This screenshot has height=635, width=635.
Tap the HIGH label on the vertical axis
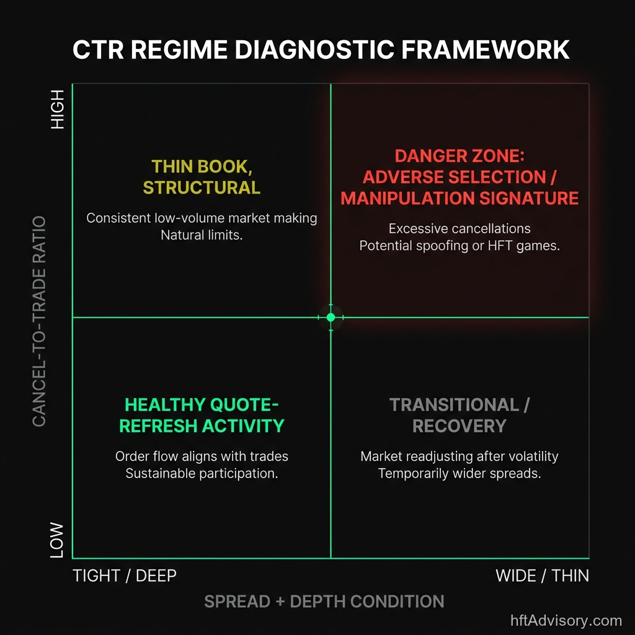(x=57, y=109)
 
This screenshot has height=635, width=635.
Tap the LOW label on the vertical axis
(x=57, y=540)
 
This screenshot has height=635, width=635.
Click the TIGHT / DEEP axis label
(x=125, y=575)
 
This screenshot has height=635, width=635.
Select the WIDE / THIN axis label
(x=542, y=575)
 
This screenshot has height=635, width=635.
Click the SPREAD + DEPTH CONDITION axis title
(x=324, y=602)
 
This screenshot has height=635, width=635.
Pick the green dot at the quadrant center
(x=331, y=317)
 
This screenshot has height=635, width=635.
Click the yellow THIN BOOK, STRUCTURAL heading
(x=202, y=177)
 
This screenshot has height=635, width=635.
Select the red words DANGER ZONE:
(x=460, y=156)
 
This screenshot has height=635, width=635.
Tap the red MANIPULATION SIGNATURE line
(x=460, y=198)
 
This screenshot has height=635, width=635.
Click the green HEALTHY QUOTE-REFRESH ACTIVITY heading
(x=202, y=415)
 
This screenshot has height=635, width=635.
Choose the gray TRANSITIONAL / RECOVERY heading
(x=460, y=415)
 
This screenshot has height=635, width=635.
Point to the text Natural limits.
(x=202, y=236)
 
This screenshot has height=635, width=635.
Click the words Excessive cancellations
(x=460, y=229)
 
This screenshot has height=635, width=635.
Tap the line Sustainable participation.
(x=202, y=474)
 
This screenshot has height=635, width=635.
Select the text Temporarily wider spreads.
(x=460, y=474)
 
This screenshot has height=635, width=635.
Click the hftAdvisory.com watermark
(x=566, y=620)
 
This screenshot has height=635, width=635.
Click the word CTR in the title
(x=99, y=50)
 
